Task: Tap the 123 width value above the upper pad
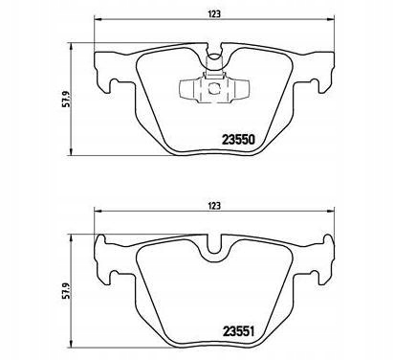217,13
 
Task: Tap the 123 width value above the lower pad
217,203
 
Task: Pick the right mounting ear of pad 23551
325,259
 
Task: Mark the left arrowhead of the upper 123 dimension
99,23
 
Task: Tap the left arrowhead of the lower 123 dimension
99,213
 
